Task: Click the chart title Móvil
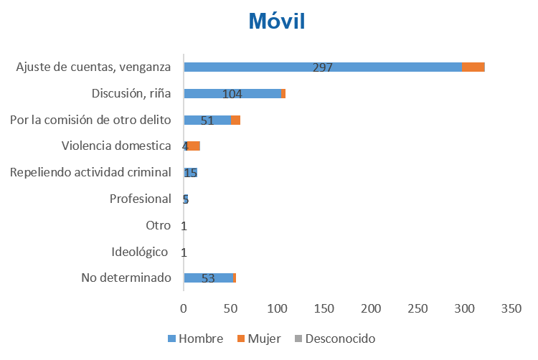point(277,20)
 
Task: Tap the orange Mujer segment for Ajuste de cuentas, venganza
point(473,67)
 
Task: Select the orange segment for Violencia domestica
point(194,146)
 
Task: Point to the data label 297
point(323,68)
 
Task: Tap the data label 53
point(208,279)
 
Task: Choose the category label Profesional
point(140,199)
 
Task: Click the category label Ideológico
point(140,252)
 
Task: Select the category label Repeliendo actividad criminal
point(90,172)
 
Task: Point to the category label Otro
point(158,225)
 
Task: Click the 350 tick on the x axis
point(511,308)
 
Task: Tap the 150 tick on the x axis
point(324,308)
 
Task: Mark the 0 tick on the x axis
point(184,308)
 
